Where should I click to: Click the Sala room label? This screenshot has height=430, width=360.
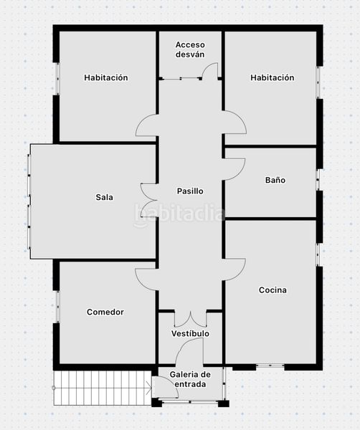[x=104, y=197]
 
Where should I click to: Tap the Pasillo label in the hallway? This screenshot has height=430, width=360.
[x=190, y=191]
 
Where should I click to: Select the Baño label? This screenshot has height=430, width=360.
[x=275, y=180]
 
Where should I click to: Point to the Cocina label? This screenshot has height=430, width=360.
[x=273, y=290]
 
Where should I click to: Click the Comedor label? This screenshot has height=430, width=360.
[x=105, y=312]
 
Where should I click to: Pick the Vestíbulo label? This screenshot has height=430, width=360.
[x=190, y=333]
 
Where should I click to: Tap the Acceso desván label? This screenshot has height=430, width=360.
[x=190, y=49]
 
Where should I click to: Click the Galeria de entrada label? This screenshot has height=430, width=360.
[x=190, y=379]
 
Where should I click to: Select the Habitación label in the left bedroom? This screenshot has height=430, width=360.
[x=106, y=77]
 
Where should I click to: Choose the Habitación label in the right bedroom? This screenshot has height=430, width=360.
[x=273, y=77]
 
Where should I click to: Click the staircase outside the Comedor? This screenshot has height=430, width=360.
[x=103, y=388]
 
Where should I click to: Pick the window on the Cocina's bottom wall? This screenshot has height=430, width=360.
[x=270, y=365]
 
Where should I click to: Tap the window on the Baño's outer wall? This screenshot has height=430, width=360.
[x=318, y=180]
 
